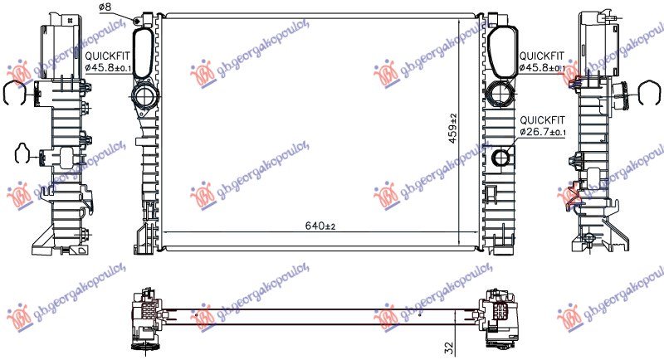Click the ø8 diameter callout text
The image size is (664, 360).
[x=105, y=7]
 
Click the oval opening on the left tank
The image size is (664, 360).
[x=144, y=51]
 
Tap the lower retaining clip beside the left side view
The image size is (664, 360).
[x=25, y=153]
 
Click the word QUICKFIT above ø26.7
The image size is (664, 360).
[x=541, y=119]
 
